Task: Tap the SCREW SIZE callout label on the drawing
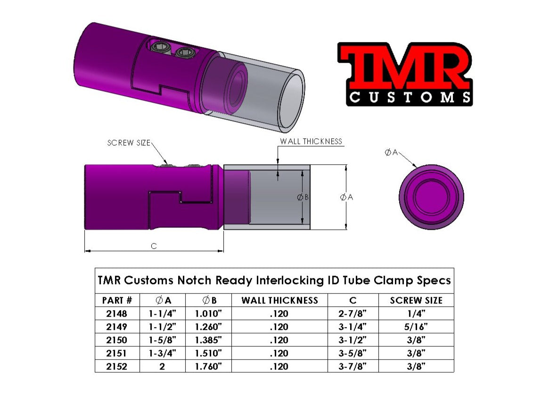[x=128, y=143]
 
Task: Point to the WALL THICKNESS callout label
[x=311, y=141]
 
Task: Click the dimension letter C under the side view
[x=154, y=246]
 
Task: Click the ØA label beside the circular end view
[x=391, y=152]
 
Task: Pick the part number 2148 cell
[x=117, y=313]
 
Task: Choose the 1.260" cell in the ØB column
[x=208, y=326]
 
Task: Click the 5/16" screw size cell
[x=416, y=326]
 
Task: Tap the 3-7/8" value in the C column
[x=352, y=366]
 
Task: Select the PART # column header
[x=117, y=300]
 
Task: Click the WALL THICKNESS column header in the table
[x=279, y=300]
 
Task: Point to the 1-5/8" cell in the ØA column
[x=162, y=339]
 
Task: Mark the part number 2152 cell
[x=117, y=366]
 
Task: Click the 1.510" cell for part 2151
[x=208, y=353]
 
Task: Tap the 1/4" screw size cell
[x=416, y=313]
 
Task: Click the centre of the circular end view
[x=431, y=197]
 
